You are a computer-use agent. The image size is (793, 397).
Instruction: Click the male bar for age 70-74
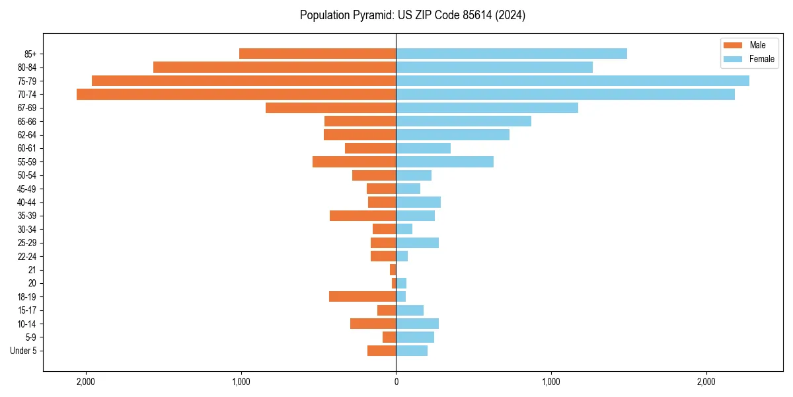point(236,94)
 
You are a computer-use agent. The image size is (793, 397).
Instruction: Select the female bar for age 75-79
point(572,81)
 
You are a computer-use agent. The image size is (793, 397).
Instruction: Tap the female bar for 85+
point(511,54)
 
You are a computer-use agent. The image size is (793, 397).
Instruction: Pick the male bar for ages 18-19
point(362,296)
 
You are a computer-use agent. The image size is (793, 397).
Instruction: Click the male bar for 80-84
point(274,67)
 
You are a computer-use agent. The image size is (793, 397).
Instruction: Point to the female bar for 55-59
point(444,161)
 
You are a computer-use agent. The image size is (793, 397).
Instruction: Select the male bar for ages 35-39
point(362,216)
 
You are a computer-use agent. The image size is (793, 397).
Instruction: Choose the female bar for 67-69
point(486,108)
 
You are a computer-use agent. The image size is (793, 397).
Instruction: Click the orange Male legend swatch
point(733,46)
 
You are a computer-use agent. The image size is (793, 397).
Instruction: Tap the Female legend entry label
point(761,59)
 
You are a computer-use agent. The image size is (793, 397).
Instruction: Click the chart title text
point(412,15)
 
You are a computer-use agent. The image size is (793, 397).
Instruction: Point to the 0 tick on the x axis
point(396,382)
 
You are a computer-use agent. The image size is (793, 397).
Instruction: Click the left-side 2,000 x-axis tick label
point(85,382)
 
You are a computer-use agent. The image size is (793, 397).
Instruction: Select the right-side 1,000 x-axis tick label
point(550,382)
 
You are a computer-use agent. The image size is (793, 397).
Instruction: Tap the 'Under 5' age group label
point(23,351)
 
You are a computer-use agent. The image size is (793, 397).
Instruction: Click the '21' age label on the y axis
point(32,270)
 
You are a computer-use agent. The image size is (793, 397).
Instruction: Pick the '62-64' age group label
point(27,135)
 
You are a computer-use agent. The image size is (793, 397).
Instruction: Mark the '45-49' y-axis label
point(27,189)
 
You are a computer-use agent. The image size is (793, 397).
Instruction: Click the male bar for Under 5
point(381,351)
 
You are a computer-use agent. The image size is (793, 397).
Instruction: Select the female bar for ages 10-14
point(417,324)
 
